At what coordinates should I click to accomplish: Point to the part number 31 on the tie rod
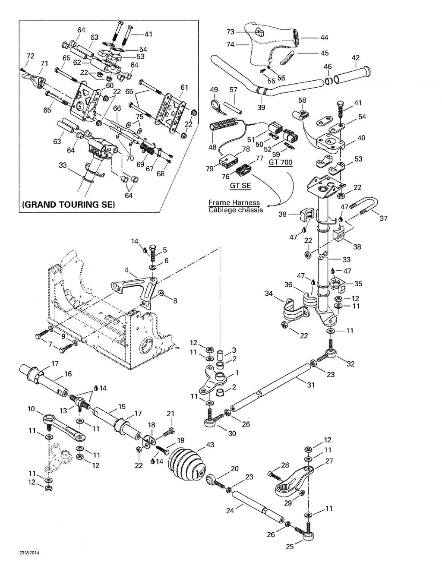[311, 385]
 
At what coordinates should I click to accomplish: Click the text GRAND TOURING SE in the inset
[69, 205]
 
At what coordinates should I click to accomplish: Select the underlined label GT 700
[280, 162]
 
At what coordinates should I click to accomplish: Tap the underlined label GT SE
[240, 186]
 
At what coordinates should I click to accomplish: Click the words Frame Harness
[234, 202]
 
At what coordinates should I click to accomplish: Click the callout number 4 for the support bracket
[126, 270]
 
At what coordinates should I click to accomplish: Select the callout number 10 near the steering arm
[31, 409]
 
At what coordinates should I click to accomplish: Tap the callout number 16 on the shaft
[68, 374]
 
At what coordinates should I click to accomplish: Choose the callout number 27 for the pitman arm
[329, 461]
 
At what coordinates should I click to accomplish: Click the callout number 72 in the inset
[30, 56]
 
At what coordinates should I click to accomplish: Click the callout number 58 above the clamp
[302, 100]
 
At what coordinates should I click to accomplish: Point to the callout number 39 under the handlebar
[261, 107]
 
